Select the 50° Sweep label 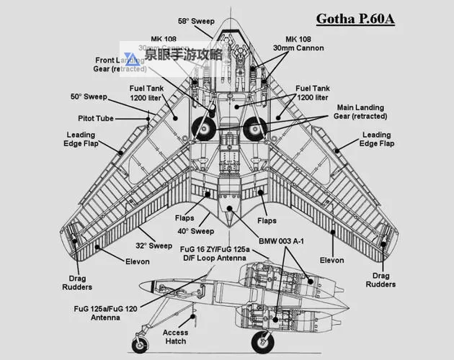point(89,96)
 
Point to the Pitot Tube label point(96,117)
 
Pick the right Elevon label point(331,260)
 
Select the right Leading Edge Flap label point(377,139)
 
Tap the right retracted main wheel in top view point(254,130)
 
